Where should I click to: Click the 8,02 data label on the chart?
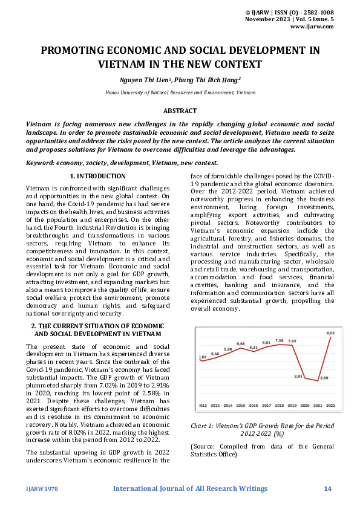(x=330, y=332)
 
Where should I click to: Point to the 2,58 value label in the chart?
(x=324, y=377)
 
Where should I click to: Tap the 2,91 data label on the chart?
(x=298, y=376)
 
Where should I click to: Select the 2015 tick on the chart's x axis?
(x=241, y=405)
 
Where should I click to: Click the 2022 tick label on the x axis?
(x=330, y=405)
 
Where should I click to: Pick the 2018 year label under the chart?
(x=279, y=405)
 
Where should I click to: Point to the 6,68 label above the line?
(x=241, y=343)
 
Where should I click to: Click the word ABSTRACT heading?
(x=180, y=111)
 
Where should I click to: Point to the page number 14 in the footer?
(x=328, y=488)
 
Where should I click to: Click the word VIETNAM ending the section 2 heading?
(x=145, y=333)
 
